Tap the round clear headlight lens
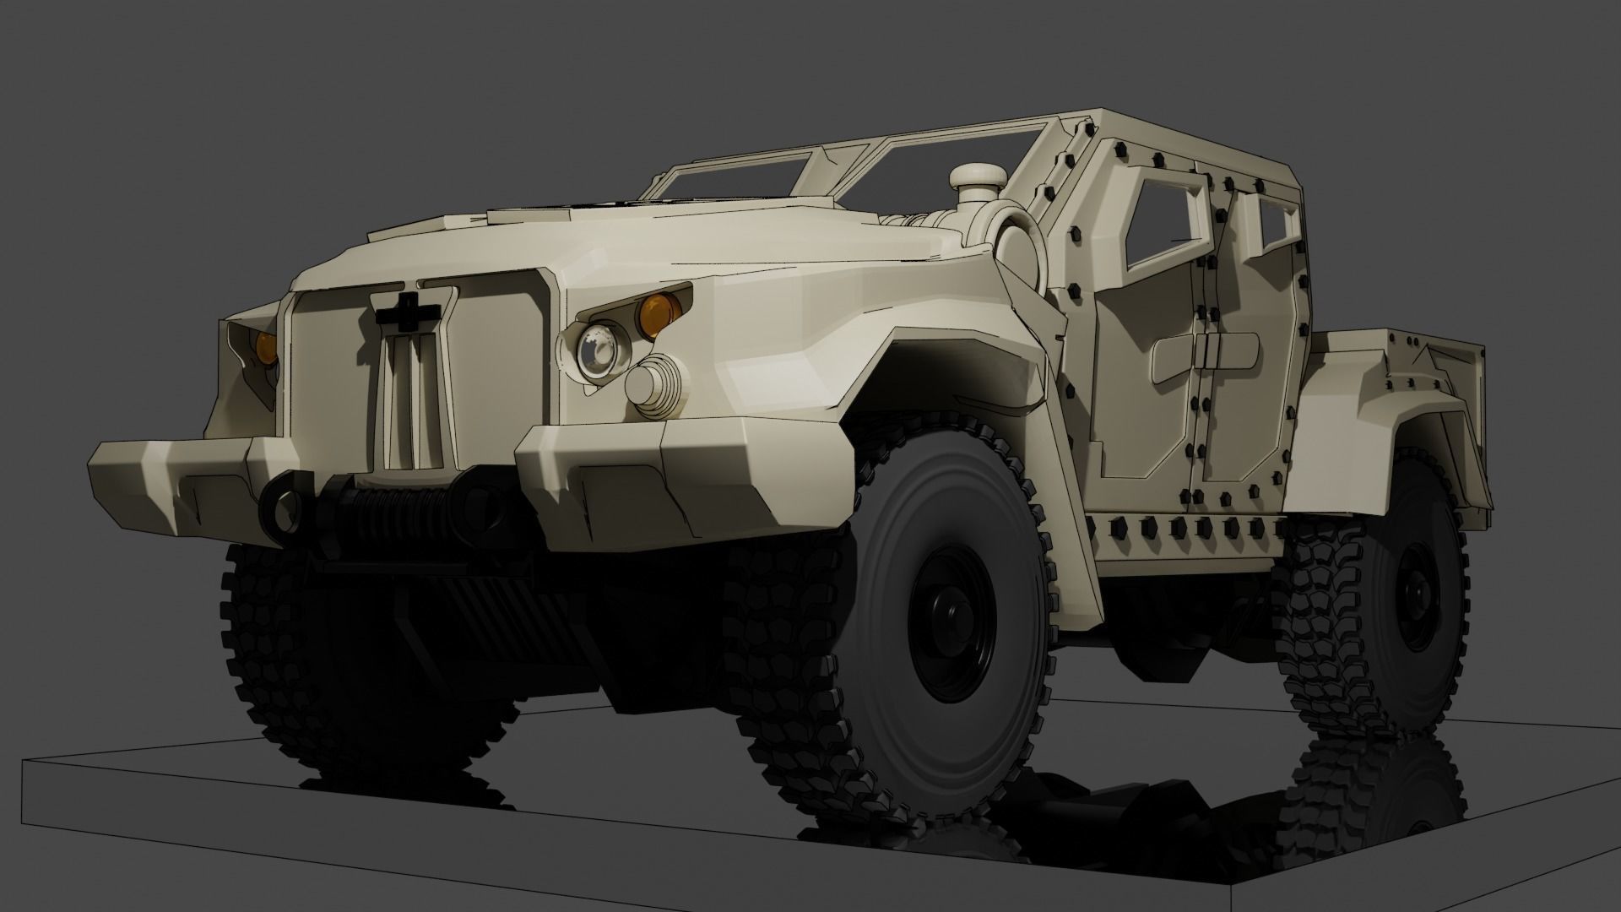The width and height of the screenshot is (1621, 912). [x=598, y=349]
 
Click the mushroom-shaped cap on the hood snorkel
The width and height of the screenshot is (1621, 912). [x=978, y=177]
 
